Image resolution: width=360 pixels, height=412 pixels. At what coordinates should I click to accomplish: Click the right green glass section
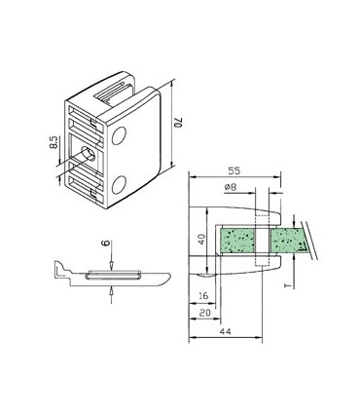(289, 240)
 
